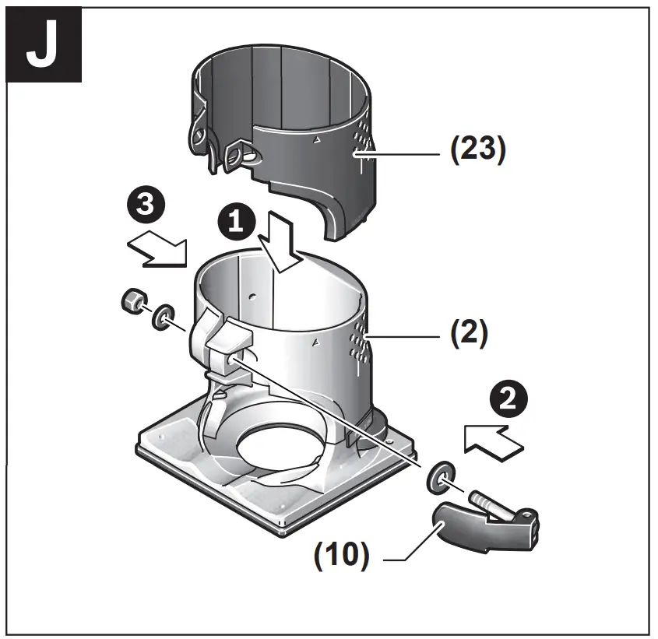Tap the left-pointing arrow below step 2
click(x=492, y=441)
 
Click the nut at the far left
click(x=133, y=301)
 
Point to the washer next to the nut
click(x=162, y=318)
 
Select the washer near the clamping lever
click(x=439, y=477)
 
